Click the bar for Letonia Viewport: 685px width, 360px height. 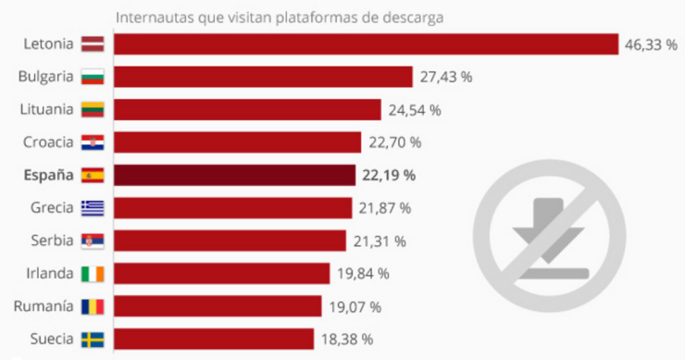coord(366,44)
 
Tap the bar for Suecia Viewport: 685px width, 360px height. coord(214,339)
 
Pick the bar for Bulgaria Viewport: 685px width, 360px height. coord(263,77)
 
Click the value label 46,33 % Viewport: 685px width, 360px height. coord(652,44)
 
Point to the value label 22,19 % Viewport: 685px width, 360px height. coord(390,175)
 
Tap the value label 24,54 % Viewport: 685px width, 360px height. coord(415,110)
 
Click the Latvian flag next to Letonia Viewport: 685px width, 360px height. coord(93,44)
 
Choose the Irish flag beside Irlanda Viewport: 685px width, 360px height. coord(93,273)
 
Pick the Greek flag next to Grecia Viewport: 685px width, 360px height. coord(93,207)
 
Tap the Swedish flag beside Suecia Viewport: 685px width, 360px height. coord(93,339)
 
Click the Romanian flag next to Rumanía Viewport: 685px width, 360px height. coord(93,305)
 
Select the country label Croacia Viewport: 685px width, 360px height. coord(46,142)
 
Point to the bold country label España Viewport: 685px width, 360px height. coord(46,175)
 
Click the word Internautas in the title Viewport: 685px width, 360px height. coord(151,17)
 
